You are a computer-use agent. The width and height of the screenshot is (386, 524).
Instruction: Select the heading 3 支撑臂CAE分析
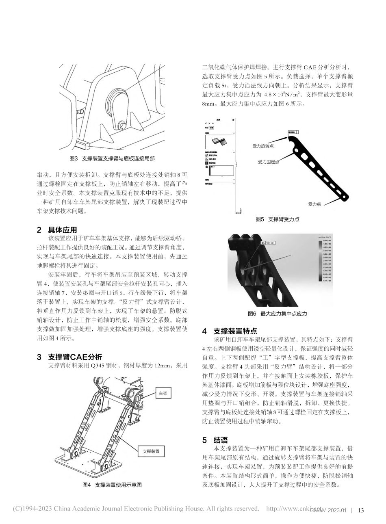pos(69,357)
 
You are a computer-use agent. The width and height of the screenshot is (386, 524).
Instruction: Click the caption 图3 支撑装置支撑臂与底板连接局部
pos(112,159)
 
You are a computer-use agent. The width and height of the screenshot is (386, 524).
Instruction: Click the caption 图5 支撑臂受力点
pos(277,219)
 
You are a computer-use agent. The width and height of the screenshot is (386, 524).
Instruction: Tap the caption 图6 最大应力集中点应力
pos(277,314)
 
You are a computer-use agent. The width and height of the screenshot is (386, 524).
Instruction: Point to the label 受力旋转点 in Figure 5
pos(263,145)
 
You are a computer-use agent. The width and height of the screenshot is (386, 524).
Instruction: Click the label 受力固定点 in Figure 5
pos(269,162)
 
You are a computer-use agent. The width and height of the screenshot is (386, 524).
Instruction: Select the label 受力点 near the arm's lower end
pos(314,204)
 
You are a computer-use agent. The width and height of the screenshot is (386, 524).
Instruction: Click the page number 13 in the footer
pos(361,511)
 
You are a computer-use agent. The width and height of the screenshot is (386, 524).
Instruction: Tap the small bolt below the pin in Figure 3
pos(121,124)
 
